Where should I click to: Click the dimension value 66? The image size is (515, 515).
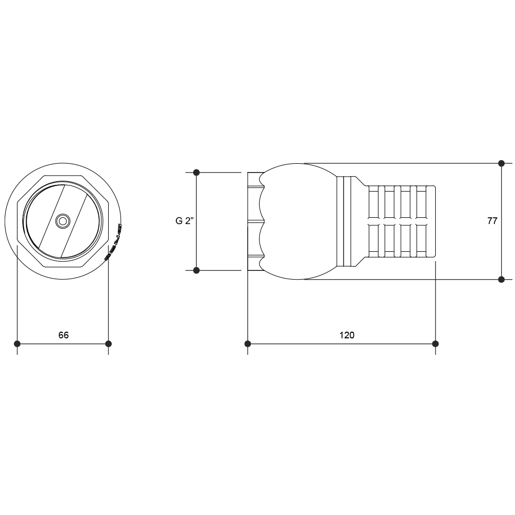[63, 335]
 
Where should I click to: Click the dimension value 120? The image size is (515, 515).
[347, 335]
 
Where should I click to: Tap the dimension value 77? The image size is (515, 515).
[492, 221]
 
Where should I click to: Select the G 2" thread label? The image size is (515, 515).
[184, 221]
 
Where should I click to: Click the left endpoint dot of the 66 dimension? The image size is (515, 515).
[18, 344]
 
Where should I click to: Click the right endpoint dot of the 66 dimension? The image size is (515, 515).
[108, 344]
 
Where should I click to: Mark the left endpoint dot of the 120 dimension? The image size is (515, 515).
[248, 344]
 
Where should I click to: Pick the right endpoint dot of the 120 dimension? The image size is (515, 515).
[435, 344]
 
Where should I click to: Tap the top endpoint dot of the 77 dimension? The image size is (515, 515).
[501, 163]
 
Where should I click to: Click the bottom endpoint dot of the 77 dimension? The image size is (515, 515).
[501, 280]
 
